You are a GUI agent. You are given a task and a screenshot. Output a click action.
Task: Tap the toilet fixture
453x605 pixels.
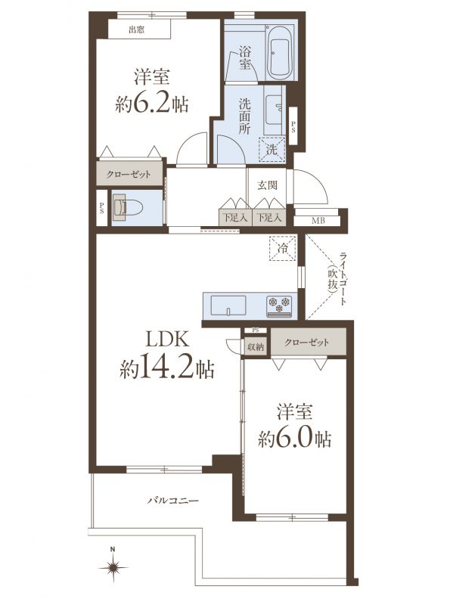pos(127,208)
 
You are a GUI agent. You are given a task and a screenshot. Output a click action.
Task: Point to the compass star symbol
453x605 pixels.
pos(113,568)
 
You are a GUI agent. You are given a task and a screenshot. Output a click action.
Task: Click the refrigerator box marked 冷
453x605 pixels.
pos(282,249)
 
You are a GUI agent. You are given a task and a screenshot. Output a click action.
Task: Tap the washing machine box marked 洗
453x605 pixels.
pos(271,150)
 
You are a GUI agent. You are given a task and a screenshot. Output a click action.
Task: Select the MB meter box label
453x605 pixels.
pos(318,221)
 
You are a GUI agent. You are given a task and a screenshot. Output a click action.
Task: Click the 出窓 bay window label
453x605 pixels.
pos(136,29)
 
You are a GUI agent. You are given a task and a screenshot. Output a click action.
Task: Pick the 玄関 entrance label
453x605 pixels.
pos(268,185)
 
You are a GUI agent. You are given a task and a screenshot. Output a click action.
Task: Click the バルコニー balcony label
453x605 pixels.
pos(173,501)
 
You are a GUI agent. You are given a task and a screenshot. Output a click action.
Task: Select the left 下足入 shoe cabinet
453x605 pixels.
pos(235,218)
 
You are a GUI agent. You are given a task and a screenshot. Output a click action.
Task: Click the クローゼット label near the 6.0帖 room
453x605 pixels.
pos(307,343)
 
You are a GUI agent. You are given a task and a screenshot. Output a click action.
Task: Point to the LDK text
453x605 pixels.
pos(167,340)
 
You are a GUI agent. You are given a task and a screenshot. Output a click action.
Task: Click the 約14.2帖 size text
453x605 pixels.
pos(167,370)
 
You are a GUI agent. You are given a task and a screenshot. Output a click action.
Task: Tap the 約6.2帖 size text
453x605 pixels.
pos(151,104)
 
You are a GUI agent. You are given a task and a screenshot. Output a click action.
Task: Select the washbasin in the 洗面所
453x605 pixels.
pos(275,110)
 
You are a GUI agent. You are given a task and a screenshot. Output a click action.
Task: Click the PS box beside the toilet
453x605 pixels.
pos(101,209)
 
